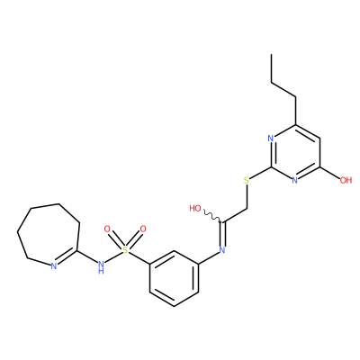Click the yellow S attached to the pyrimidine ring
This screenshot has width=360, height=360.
pos(247,180)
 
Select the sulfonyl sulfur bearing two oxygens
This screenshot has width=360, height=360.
pos(125,249)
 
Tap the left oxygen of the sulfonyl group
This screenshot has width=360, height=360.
pos(107,229)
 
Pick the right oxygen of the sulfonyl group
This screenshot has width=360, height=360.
pos(143,229)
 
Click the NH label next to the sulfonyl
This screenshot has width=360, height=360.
pos(101,267)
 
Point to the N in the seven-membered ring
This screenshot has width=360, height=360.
pos(54,266)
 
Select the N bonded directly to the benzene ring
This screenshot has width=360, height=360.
pos(222,249)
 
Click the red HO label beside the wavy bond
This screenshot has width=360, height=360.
pos(195,208)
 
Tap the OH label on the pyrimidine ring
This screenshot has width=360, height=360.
pos(346,180)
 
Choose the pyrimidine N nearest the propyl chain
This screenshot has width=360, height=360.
pos(271,139)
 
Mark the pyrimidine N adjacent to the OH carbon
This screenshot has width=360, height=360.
pos(295,180)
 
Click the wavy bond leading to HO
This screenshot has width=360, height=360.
pos(213,217)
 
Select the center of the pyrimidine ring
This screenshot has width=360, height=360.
pos(295,152)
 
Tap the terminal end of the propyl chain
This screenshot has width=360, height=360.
pos(271,54)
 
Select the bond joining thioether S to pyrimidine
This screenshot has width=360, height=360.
pos(260,173)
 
